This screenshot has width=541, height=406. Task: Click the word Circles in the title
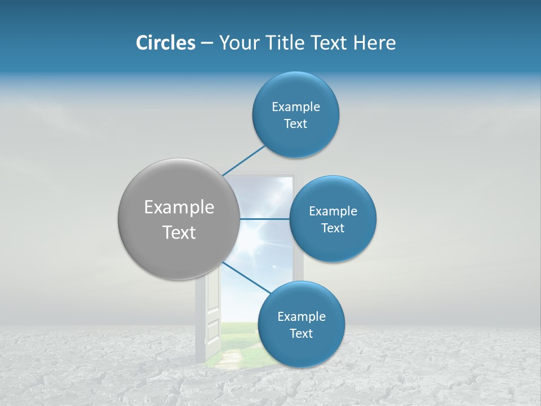(x=166, y=43)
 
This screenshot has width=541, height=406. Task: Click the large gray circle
(x=179, y=248)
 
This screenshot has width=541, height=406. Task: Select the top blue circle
(x=295, y=135)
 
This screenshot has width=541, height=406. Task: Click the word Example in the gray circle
(x=179, y=208)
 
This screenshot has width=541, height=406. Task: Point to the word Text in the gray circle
(x=179, y=232)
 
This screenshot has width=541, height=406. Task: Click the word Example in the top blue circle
(x=296, y=107)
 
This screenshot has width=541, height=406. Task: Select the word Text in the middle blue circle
(x=332, y=228)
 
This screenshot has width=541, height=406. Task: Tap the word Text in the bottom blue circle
(x=301, y=334)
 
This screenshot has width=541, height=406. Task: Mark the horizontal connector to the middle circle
(x=264, y=219)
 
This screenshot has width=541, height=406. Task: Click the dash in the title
(x=207, y=43)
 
